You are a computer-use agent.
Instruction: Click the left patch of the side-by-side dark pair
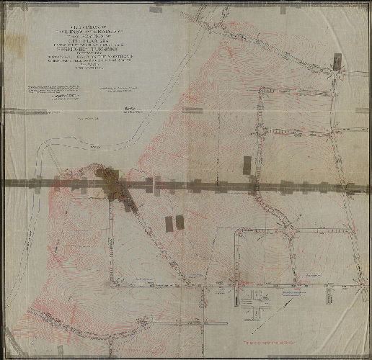click(x=169, y=222)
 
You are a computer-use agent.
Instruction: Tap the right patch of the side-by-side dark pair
click(x=180, y=222)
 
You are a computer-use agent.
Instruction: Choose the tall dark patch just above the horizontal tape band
click(x=248, y=165)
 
